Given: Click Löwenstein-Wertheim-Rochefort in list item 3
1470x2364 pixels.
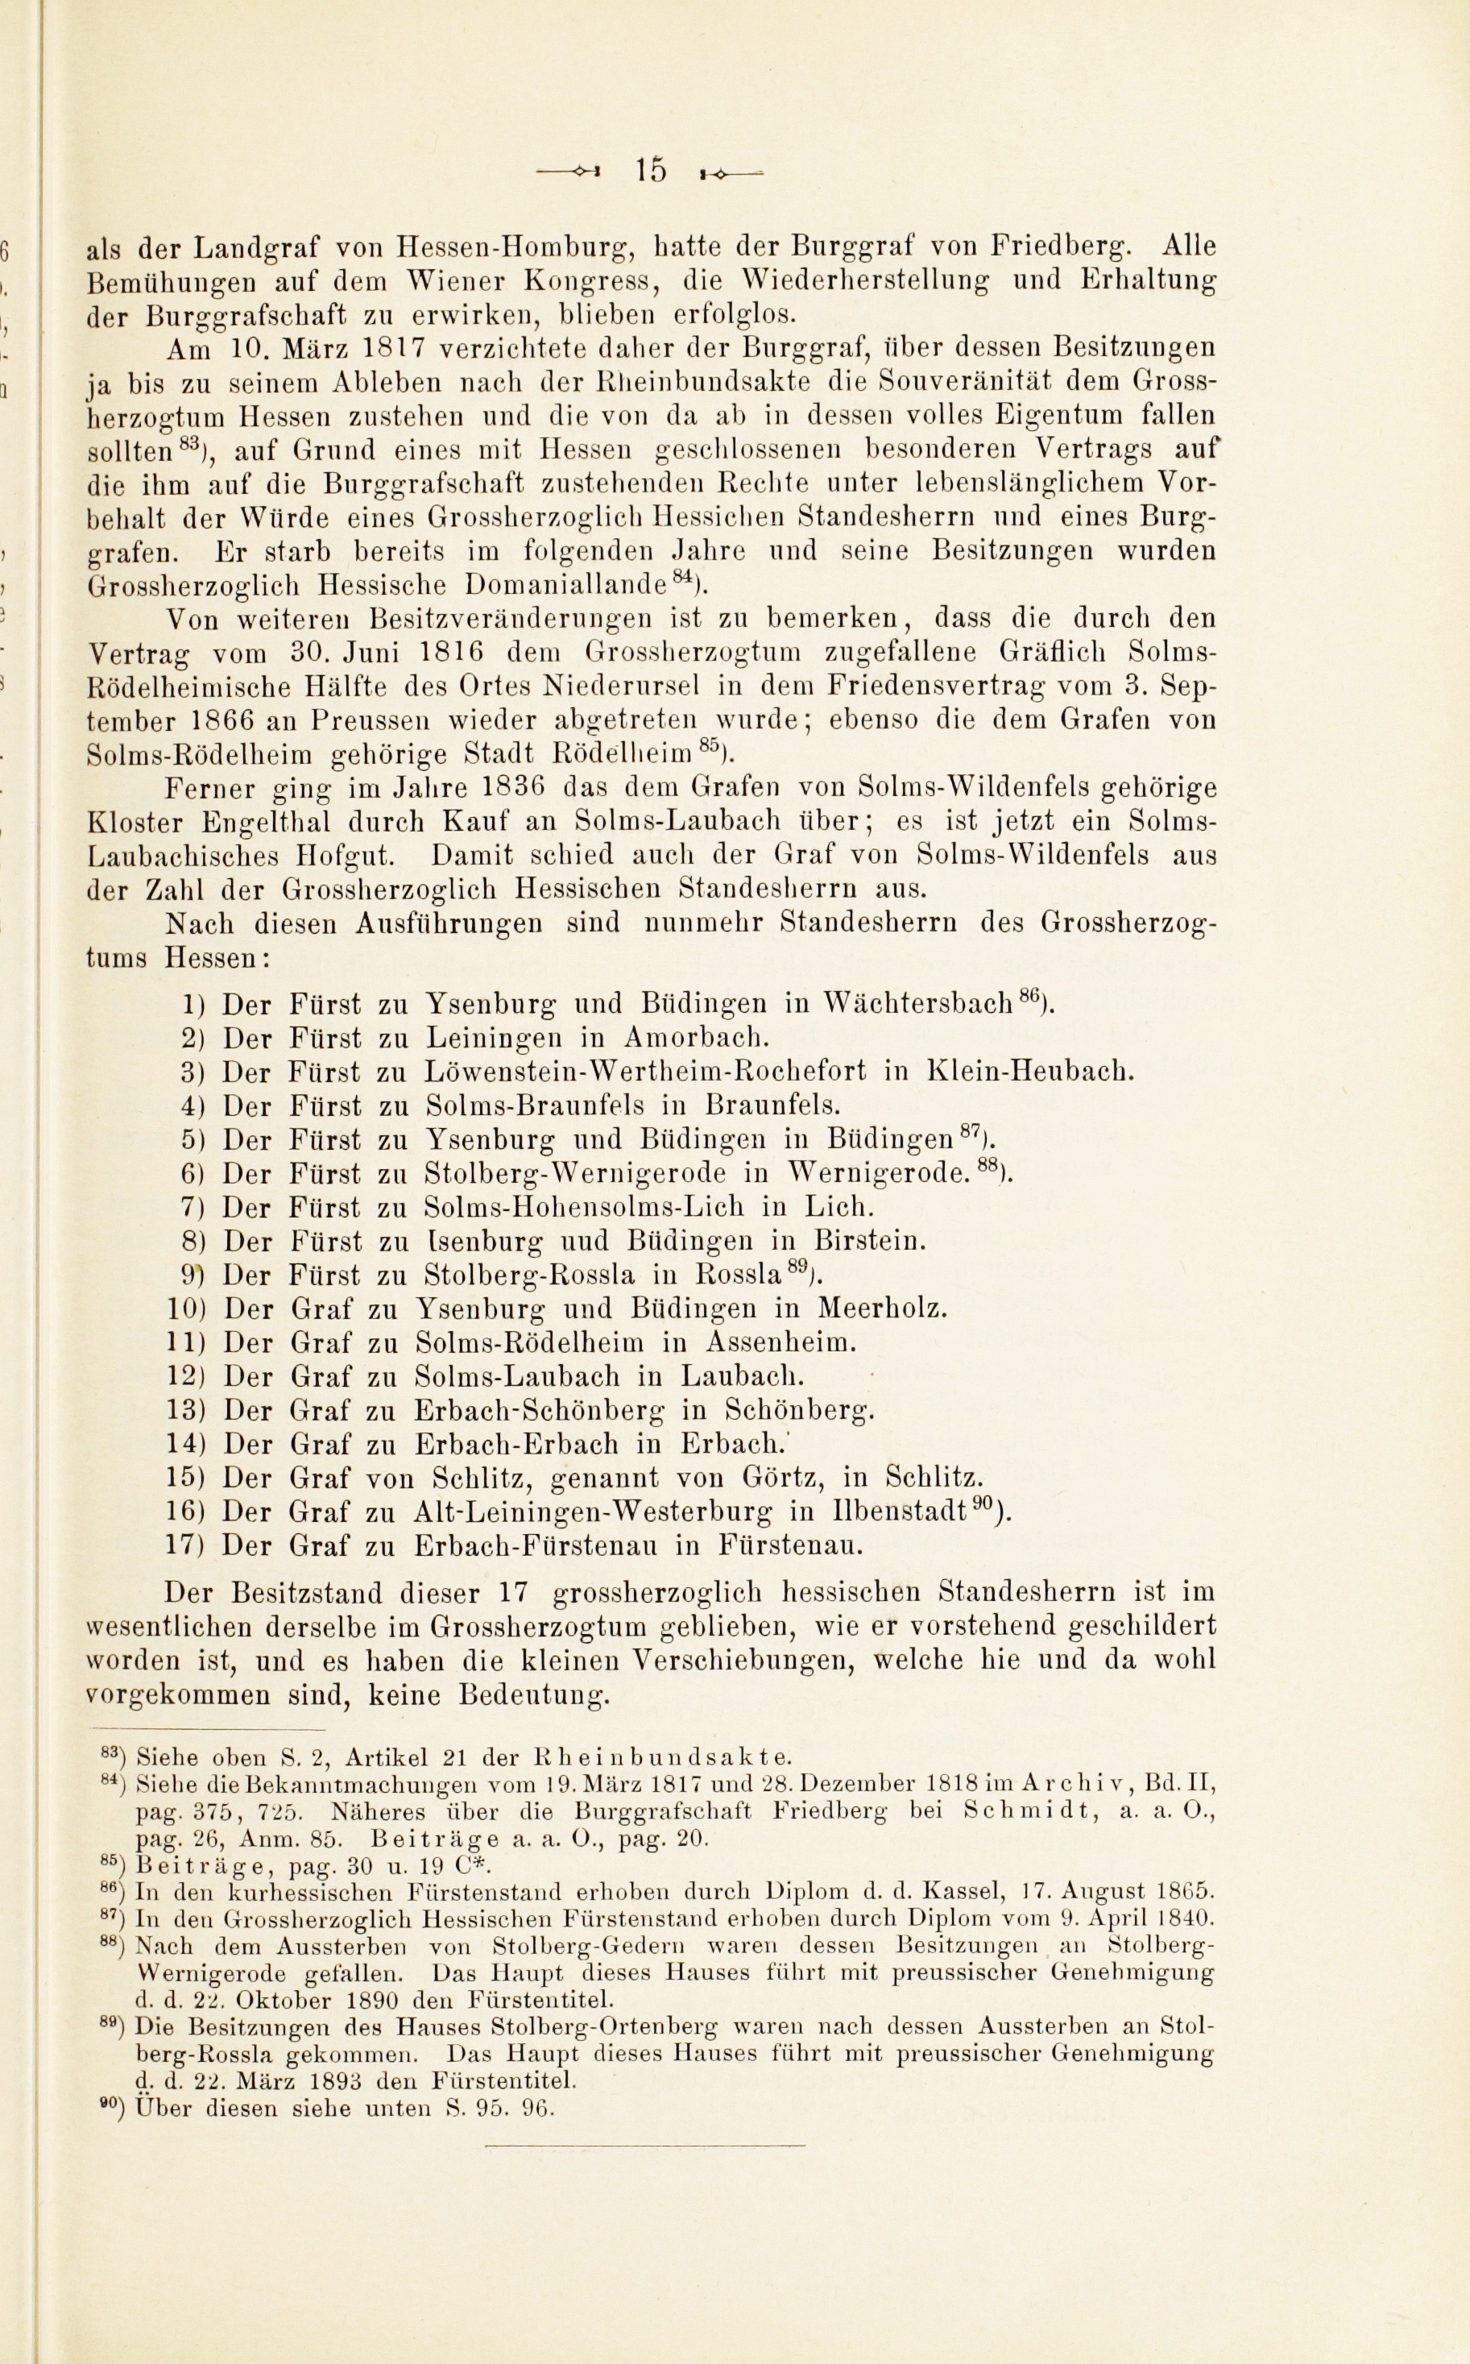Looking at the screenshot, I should pos(645,1072).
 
